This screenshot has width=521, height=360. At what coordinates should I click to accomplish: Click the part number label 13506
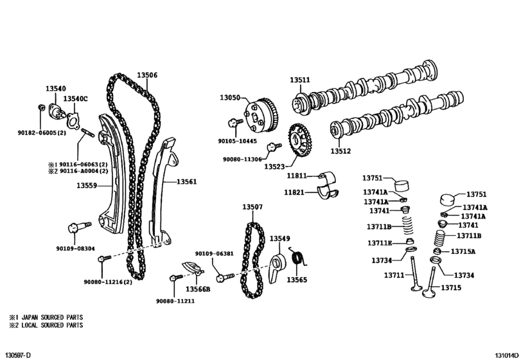(x=146, y=75)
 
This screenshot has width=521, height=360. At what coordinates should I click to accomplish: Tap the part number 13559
(x=87, y=186)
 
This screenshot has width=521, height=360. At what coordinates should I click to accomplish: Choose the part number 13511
(x=299, y=80)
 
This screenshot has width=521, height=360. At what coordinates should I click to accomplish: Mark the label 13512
(x=341, y=152)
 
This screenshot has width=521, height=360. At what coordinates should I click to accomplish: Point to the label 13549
(x=279, y=239)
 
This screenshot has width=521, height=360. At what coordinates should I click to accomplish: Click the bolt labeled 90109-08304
(x=74, y=228)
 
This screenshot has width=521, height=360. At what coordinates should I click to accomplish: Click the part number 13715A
(x=463, y=251)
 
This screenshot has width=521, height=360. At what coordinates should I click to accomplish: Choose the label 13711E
(x=380, y=242)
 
